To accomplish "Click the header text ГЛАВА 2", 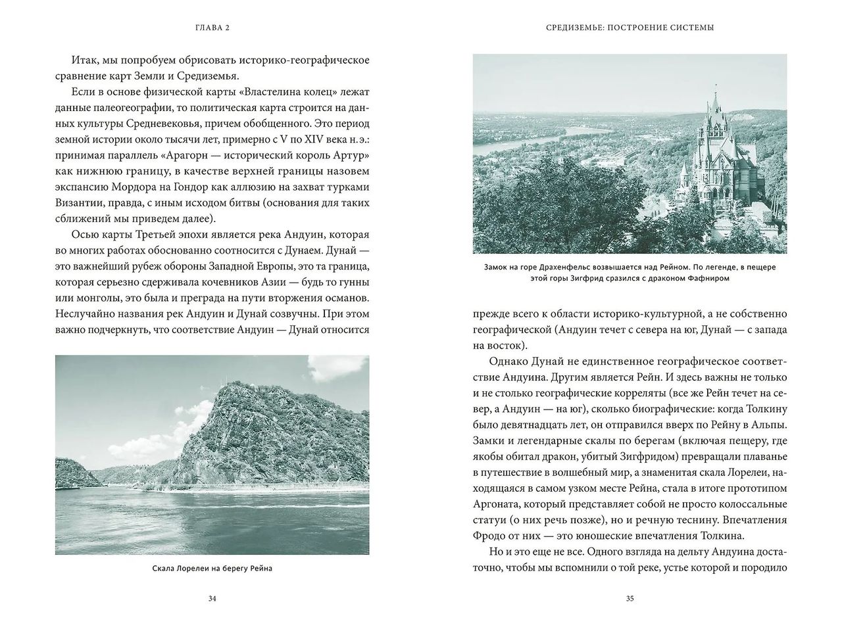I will pos(212,28).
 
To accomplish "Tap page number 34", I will pos(212,598).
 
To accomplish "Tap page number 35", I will pos(630,598).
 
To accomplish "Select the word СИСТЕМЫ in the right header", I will pos(690,28).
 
